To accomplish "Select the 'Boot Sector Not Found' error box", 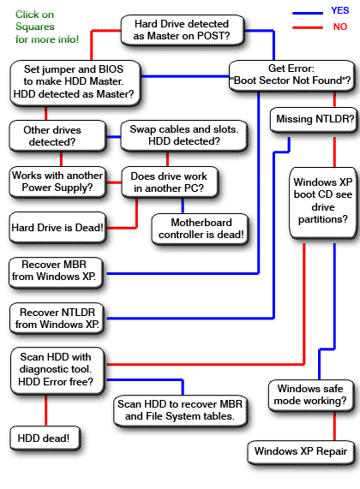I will pos(292,74).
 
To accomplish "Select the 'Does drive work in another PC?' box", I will pos(169,181).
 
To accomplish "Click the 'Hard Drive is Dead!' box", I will pos(57,227).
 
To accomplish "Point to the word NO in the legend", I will pos(340,27).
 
